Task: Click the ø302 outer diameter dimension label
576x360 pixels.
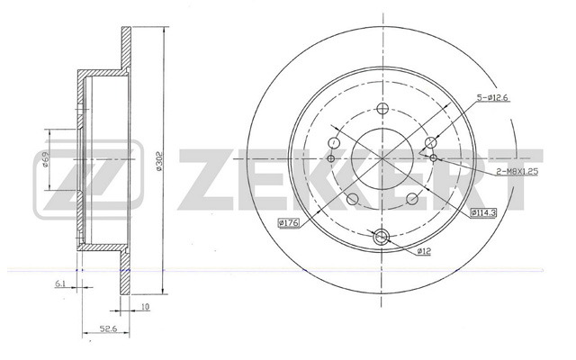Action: pos(158,161)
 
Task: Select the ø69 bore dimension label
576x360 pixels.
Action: pos(45,159)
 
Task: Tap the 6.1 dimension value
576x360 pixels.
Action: pos(60,283)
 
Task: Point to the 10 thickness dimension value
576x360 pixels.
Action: pos(146,306)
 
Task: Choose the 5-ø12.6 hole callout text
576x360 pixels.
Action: pos(493,98)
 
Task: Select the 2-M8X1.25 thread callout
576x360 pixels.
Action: pos(517,172)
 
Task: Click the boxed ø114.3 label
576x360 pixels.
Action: pos(483,212)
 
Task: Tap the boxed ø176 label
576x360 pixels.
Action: pos(290,222)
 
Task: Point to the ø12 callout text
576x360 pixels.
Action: pos(424,251)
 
